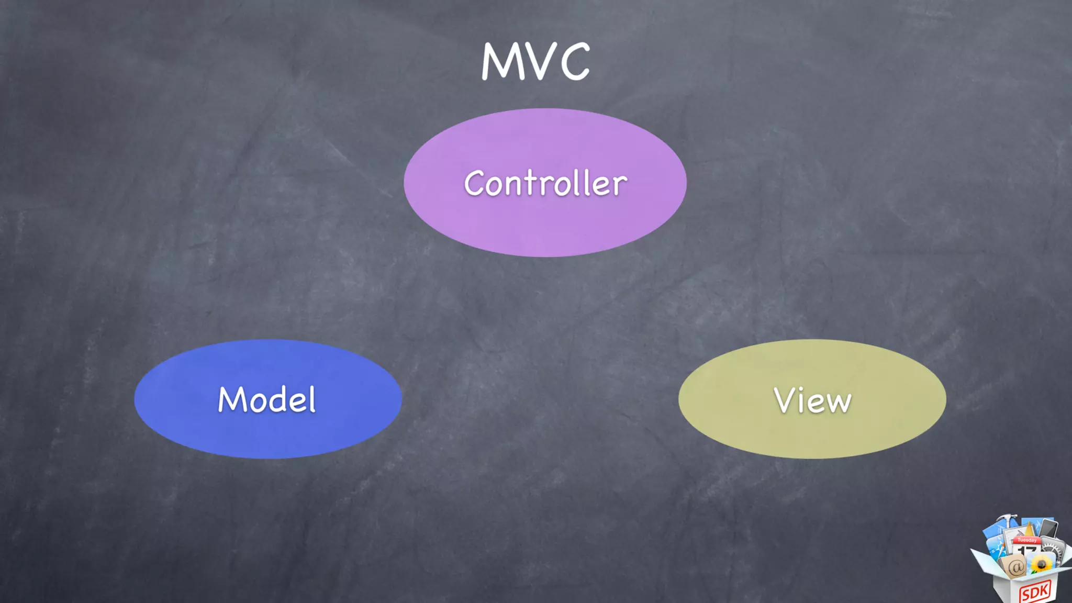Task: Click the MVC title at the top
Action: coord(535,61)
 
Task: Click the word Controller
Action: coord(545,183)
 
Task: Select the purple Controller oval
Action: coord(545,230)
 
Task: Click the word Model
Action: coord(267,399)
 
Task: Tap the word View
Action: coord(812,400)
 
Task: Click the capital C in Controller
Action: coord(474,183)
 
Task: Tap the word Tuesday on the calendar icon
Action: coord(1027,540)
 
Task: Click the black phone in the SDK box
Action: coord(1048,528)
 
